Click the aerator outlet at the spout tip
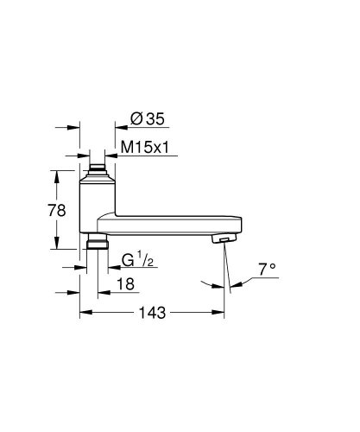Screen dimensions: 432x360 224,239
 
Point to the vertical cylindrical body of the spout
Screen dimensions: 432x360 96,203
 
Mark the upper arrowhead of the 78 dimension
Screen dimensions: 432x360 59,174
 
